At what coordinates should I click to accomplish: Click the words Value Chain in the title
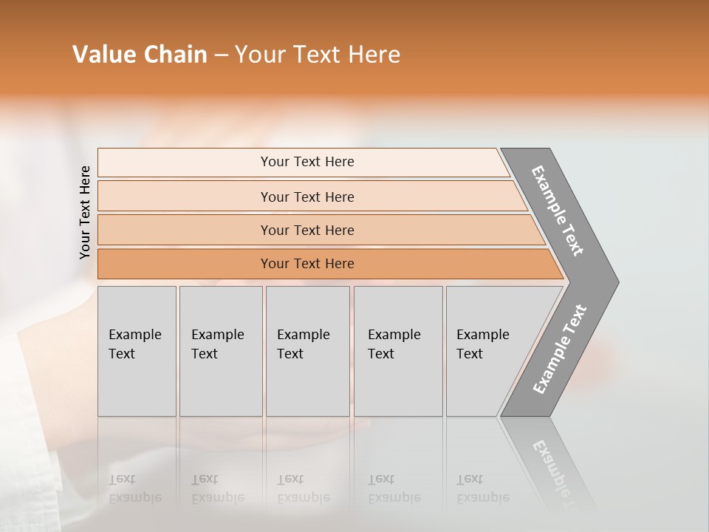(x=140, y=55)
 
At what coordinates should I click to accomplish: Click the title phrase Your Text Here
(x=318, y=55)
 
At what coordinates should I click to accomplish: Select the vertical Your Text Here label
(x=85, y=213)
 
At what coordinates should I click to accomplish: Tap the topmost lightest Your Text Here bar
(x=307, y=162)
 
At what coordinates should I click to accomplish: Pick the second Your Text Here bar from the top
(x=307, y=197)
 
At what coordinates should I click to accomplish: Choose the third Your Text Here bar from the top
(x=307, y=230)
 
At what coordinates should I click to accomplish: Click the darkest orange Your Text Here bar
(x=307, y=264)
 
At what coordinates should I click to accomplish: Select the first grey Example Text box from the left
(x=137, y=351)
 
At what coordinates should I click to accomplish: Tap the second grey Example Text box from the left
(x=220, y=351)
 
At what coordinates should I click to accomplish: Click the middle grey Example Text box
(x=307, y=351)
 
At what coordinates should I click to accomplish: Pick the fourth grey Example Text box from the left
(x=397, y=351)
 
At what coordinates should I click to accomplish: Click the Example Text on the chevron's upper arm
(x=558, y=211)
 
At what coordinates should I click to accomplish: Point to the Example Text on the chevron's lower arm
(x=560, y=349)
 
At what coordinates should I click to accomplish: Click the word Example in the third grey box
(x=303, y=335)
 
